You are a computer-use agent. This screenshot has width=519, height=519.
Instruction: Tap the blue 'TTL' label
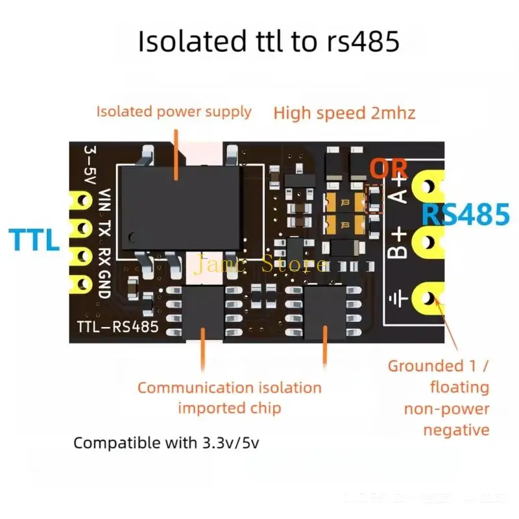click(x=34, y=239)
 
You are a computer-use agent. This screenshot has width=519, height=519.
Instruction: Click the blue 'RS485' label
click(x=466, y=213)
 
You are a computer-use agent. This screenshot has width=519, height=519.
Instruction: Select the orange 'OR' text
click(x=389, y=169)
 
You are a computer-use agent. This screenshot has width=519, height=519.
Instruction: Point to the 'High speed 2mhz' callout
click(x=344, y=113)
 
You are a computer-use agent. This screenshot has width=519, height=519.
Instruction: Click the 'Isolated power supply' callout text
click(x=174, y=112)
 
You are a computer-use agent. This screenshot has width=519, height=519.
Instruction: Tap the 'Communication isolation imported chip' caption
click(x=229, y=398)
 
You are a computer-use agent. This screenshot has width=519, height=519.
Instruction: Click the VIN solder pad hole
click(x=82, y=200)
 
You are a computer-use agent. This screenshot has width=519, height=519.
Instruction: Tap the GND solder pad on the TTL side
click(x=82, y=284)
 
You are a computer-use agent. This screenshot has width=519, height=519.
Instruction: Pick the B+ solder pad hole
click(x=428, y=241)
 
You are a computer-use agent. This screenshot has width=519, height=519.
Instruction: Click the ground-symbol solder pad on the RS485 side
click(x=428, y=297)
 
